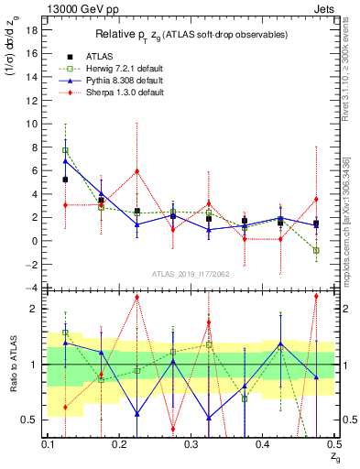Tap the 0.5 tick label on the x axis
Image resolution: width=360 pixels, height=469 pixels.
[x=333, y=443]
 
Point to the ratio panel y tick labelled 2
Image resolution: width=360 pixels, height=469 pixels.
[x=35, y=309]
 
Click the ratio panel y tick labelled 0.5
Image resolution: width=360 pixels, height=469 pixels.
[x=32, y=420]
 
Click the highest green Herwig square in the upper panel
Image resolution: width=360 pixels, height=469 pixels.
[x=65, y=150]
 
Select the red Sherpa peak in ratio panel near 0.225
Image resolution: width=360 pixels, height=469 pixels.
[x=136, y=297]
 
